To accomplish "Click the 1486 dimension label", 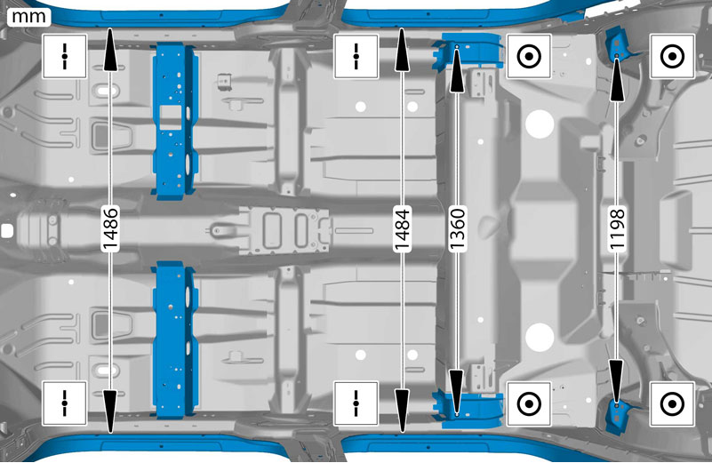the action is pyautogui.click(x=110, y=228).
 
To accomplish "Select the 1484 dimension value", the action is pyautogui.click(x=403, y=228).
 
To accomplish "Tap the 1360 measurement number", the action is pyautogui.click(x=457, y=228).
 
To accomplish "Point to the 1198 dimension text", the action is pyautogui.click(x=617, y=228).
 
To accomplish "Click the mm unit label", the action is pyautogui.click(x=28, y=16).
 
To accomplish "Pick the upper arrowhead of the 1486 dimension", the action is pyautogui.click(x=110, y=49).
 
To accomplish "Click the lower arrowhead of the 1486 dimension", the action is pyautogui.click(x=110, y=410).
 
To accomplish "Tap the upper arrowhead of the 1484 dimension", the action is pyautogui.click(x=403, y=49).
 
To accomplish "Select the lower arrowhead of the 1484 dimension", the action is pyautogui.click(x=403, y=410).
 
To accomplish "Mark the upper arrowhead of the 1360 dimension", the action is pyautogui.click(x=457, y=69).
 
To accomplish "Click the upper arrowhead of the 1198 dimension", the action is pyautogui.click(x=617, y=78).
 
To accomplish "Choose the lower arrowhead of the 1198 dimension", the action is pyautogui.click(x=617, y=381).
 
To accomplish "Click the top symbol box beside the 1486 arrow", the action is pyautogui.click(x=65, y=57).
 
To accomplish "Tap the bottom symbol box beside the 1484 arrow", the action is pyautogui.click(x=356, y=403).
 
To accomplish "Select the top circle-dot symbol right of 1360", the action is pyautogui.click(x=529, y=57).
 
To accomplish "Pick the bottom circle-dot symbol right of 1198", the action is pyautogui.click(x=672, y=404).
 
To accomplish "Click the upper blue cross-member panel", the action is pyautogui.click(x=175, y=121).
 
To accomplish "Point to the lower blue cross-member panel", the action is pyautogui.click(x=175, y=339).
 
